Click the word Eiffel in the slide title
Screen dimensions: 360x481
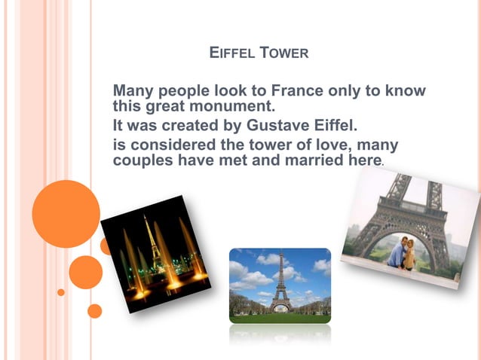click(x=231, y=53)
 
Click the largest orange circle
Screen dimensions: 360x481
click(x=66, y=214)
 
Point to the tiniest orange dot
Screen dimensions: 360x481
click(x=61, y=292)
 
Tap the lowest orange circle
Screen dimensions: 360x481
click(x=94, y=310)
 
